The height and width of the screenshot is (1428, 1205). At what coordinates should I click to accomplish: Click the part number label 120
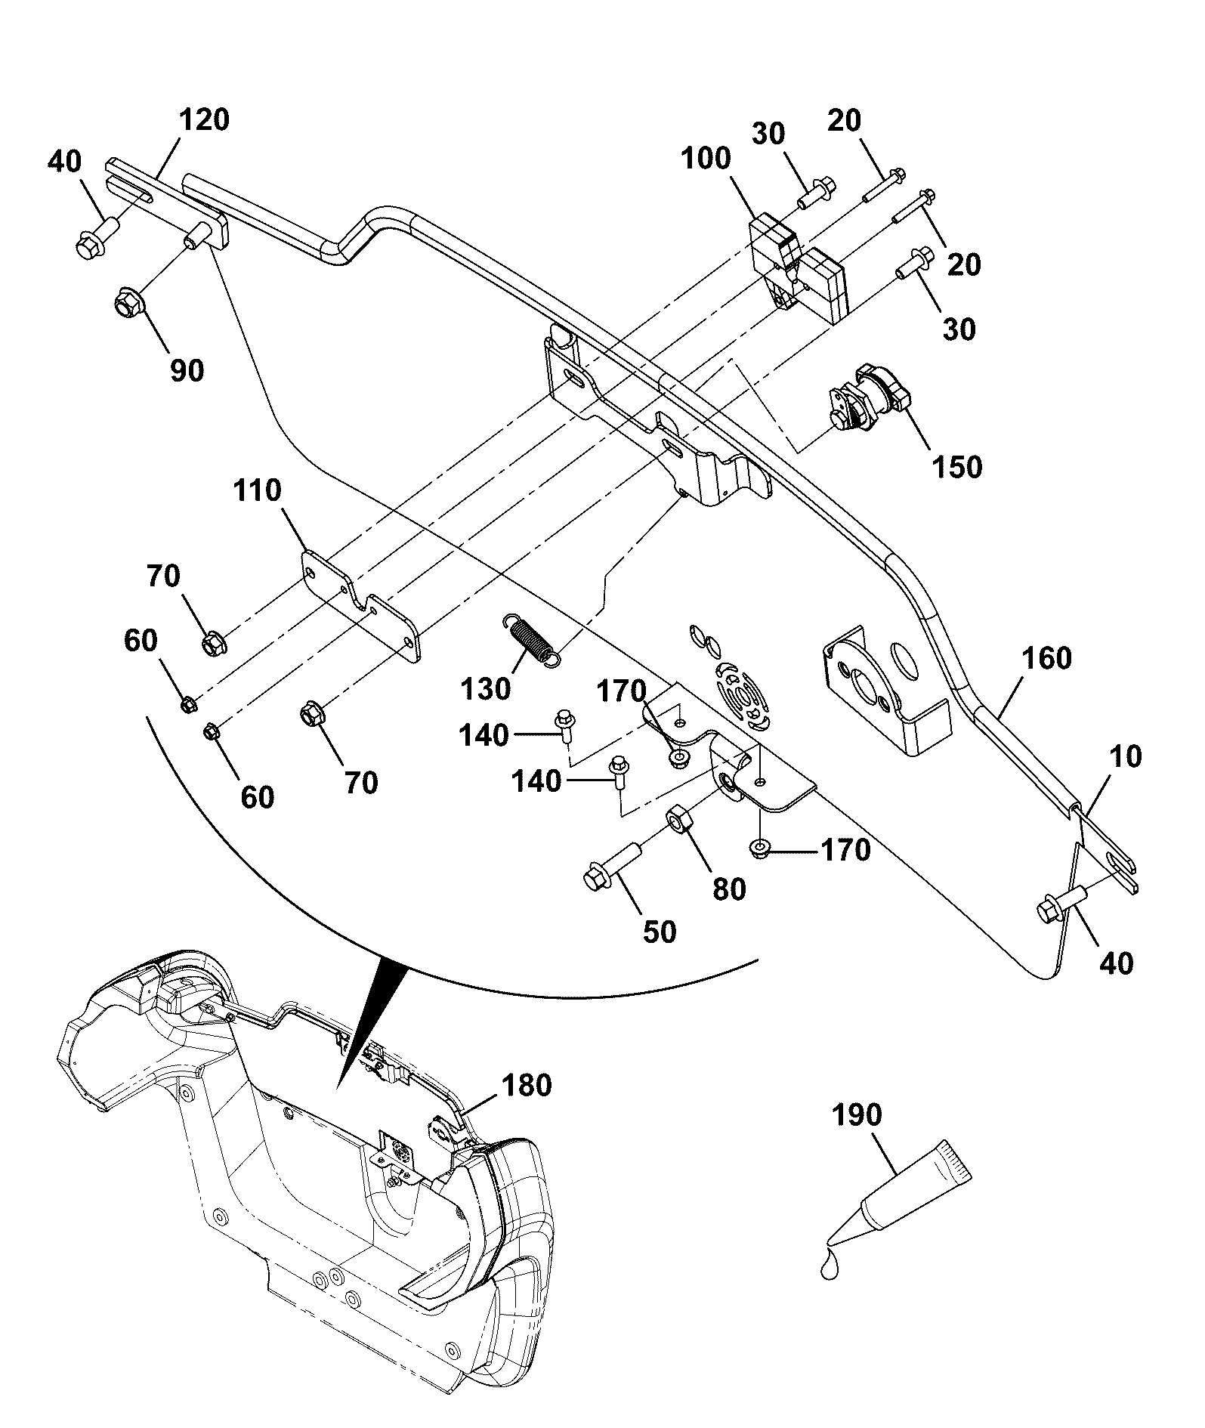click(204, 121)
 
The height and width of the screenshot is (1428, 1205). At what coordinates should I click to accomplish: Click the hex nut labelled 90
click(129, 304)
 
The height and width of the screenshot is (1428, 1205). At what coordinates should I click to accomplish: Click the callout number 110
click(258, 491)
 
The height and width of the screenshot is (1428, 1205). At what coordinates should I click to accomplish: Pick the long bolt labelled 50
click(613, 865)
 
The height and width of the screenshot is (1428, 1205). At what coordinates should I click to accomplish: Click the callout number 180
click(526, 1086)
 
